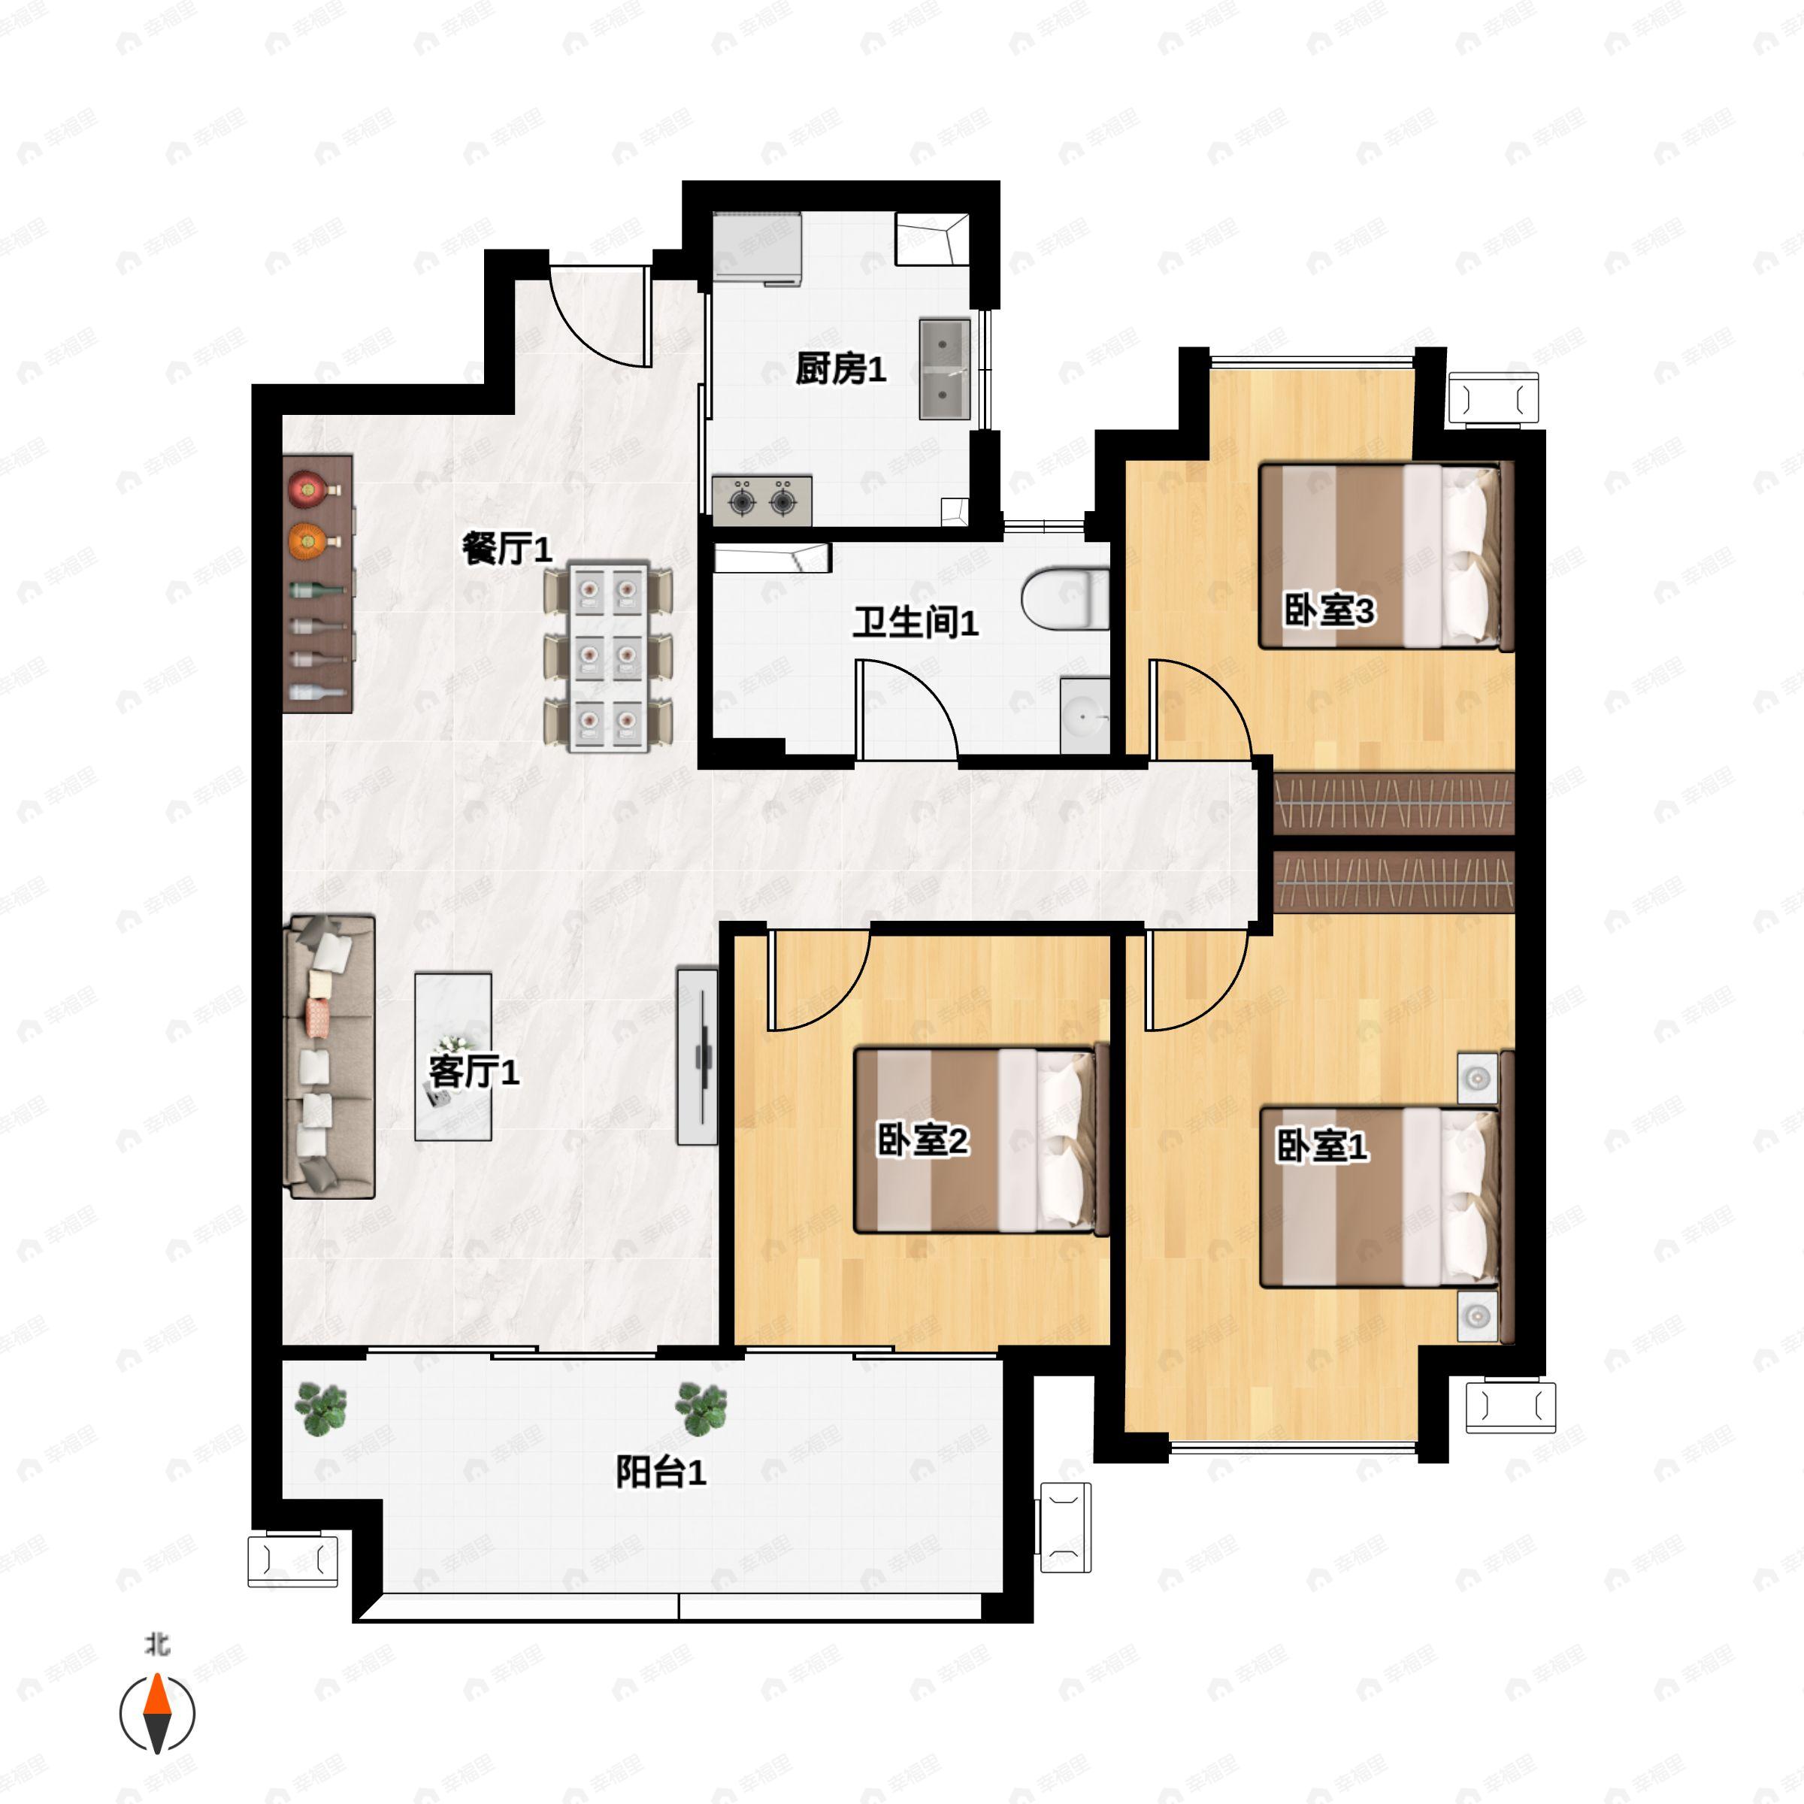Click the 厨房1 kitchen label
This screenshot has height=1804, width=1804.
coord(840,370)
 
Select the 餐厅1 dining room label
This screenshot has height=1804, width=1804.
coord(508,548)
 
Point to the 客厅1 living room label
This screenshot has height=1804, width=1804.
coord(474,1071)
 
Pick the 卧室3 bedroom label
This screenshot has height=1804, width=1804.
coord(1329,612)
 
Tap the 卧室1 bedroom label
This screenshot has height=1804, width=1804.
coord(1322,1146)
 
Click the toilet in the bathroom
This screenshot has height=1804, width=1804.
coord(1064,598)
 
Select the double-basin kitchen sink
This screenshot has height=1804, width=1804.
coord(945,369)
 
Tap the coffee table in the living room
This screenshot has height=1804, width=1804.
coord(453,1057)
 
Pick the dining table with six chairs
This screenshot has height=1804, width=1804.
coord(608,656)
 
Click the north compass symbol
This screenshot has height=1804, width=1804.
coord(158,1714)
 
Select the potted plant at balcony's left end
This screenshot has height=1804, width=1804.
coord(320,1407)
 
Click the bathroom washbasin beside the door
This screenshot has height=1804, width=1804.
coord(1084,716)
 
